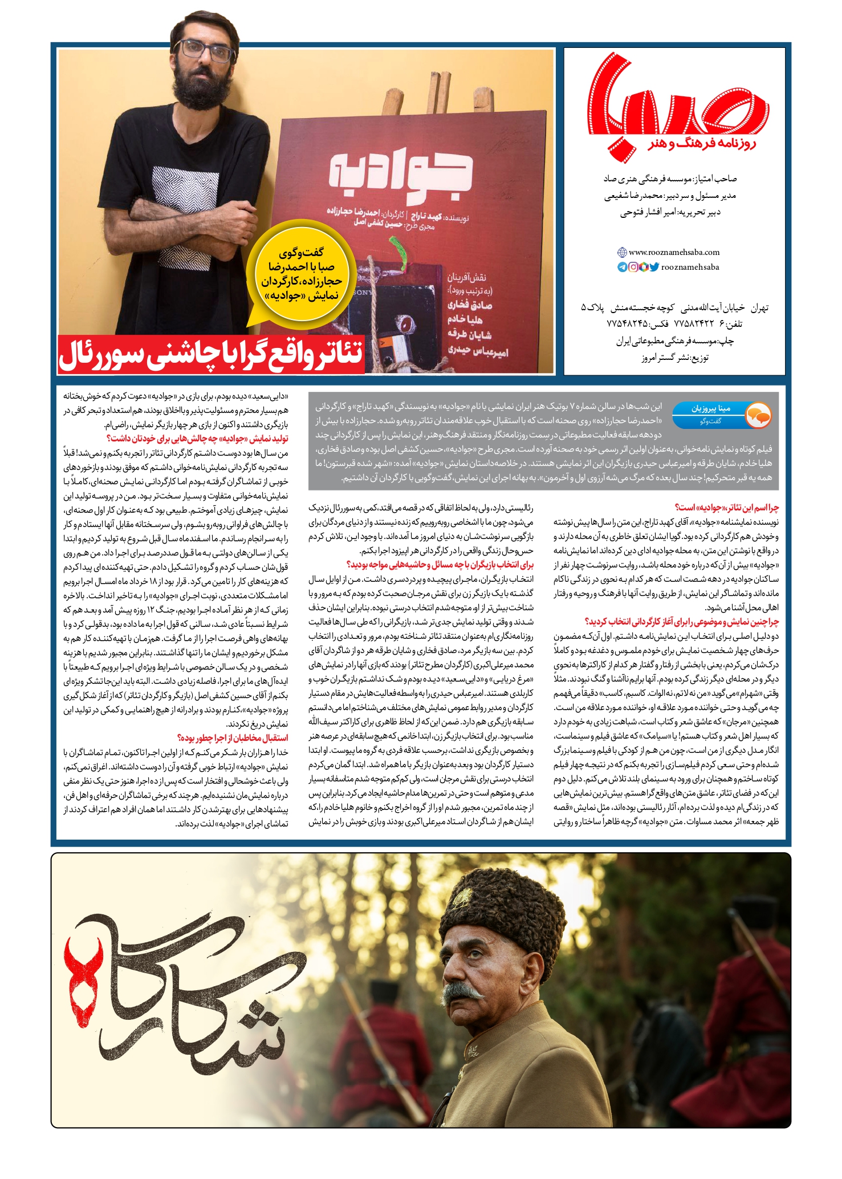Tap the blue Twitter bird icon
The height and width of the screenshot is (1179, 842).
654,267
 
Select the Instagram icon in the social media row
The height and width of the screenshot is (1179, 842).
633,267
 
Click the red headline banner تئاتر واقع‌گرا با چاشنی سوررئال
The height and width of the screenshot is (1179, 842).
211,356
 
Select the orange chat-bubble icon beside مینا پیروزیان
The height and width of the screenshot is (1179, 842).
758,415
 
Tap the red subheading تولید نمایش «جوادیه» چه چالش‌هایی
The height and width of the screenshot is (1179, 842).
197,438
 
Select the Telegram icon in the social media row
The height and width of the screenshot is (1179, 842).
623,267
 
